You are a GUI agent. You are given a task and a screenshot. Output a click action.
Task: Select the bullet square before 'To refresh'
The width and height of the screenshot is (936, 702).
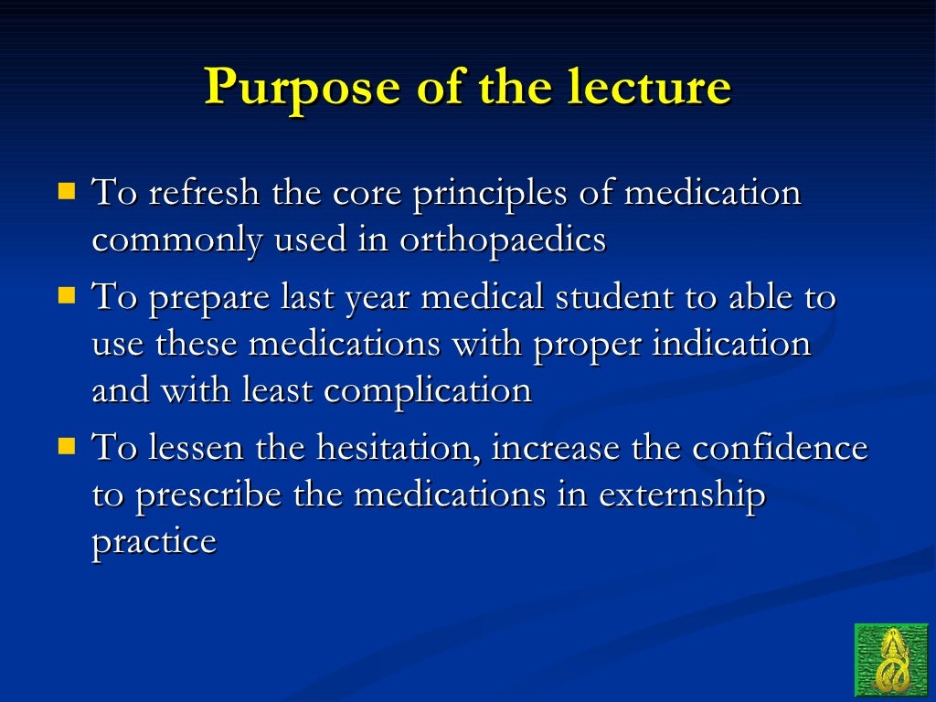pyautogui.click(x=67, y=192)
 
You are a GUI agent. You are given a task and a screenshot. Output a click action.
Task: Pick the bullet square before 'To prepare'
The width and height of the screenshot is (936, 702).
pyautogui.click(x=67, y=296)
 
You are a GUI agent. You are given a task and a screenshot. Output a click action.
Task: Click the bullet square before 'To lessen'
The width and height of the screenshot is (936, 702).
pyautogui.click(x=67, y=447)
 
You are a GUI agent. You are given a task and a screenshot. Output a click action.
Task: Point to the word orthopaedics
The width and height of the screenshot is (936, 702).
pyautogui.click(x=503, y=239)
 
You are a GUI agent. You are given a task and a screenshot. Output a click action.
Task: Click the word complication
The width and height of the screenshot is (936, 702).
pyautogui.click(x=428, y=391)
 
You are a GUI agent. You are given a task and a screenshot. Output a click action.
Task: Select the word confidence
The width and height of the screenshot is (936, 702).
pyautogui.click(x=780, y=448)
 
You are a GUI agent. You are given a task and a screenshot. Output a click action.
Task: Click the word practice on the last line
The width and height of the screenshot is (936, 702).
pyautogui.click(x=154, y=542)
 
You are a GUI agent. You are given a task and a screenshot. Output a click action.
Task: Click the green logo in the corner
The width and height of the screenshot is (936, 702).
pyautogui.click(x=890, y=660)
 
